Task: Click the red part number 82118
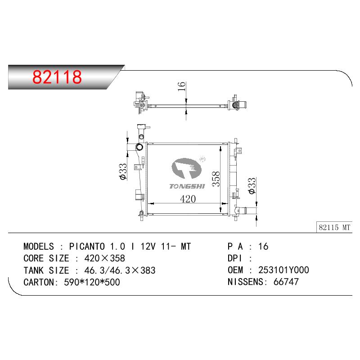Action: (57, 76)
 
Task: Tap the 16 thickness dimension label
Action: (182, 86)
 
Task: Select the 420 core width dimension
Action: (188, 199)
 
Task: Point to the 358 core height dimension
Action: (216, 179)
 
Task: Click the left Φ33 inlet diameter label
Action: (123, 171)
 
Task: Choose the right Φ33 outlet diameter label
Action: (252, 185)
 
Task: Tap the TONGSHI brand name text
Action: (187, 186)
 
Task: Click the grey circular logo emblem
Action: (186, 168)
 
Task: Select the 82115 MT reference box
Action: (334, 227)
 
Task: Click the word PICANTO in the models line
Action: (87, 247)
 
